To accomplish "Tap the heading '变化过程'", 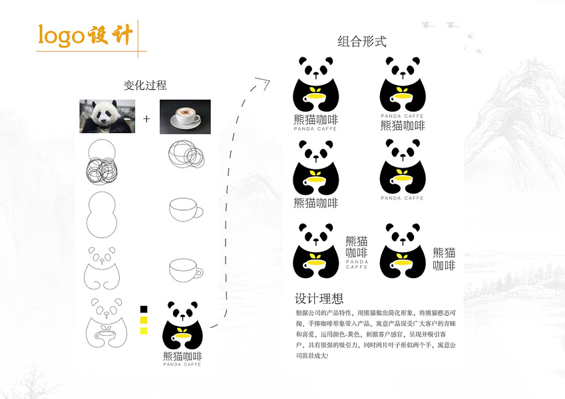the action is (x=145, y=85).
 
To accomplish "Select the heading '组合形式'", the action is (x=362, y=42).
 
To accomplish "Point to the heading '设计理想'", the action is (x=319, y=299).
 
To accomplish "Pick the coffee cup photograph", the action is (x=185, y=116).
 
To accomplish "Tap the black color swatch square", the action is (x=143, y=309).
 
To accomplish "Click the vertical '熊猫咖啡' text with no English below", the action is (x=444, y=259).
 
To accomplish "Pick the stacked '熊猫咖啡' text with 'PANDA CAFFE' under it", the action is (x=357, y=251).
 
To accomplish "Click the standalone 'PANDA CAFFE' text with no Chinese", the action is (x=402, y=198).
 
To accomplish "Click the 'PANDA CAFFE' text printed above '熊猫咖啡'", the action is (x=402, y=116).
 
